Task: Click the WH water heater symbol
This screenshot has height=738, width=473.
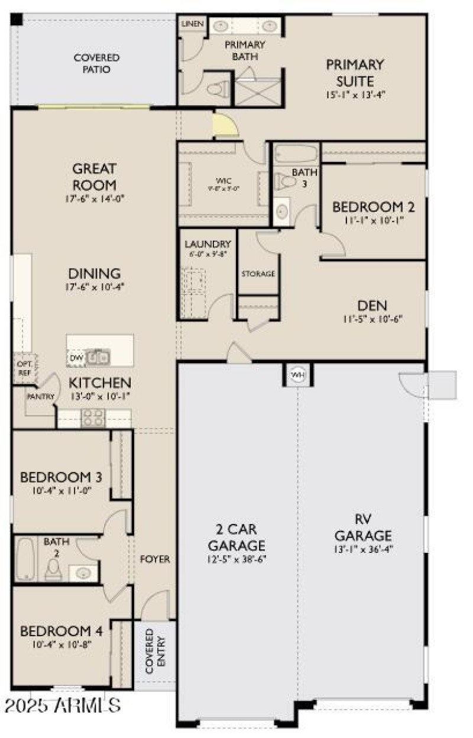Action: [x=297, y=375]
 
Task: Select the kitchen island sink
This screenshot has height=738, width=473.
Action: [x=98, y=357]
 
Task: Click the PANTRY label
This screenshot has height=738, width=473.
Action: [x=40, y=397]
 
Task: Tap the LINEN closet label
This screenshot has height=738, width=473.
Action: [x=192, y=24]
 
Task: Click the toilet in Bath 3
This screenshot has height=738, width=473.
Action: [x=284, y=182]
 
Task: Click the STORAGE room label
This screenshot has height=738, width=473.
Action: [x=258, y=274]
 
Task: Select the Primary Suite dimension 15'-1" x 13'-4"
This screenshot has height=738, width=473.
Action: [x=355, y=95]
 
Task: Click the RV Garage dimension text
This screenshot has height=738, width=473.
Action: [x=363, y=549]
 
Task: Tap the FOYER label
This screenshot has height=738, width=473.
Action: [x=155, y=559]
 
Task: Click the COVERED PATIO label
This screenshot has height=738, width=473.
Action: [x=96, y=63]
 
